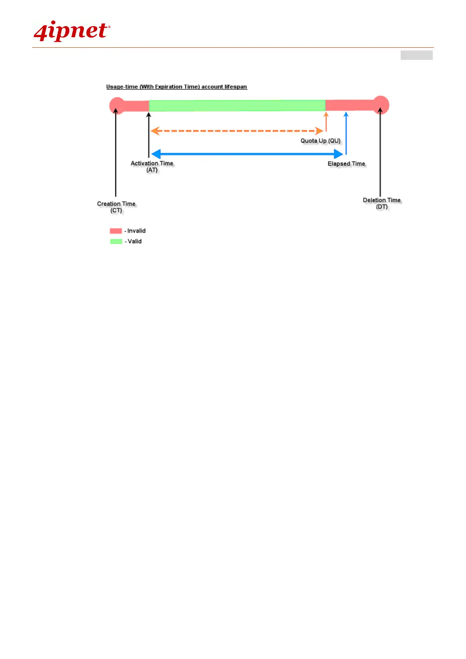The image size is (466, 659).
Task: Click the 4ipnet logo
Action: (72, 31)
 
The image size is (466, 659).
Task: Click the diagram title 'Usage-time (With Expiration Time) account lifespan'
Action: (176, 87)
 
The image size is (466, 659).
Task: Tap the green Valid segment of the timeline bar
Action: (237, 105)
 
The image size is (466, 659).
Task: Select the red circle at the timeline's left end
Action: (116, 105)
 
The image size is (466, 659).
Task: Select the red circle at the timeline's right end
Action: (381, 105)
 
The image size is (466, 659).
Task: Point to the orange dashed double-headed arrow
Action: (237, 131)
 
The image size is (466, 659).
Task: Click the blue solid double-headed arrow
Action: (246, 154)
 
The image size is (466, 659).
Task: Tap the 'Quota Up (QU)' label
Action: (320, 141)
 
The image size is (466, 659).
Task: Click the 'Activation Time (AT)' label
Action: (152, 167)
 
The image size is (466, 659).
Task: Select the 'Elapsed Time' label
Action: (346, 164)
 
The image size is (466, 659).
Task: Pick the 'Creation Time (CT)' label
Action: (116, 207)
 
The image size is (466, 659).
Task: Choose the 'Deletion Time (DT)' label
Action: (382, 203)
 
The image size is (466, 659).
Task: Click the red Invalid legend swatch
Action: (116, 231)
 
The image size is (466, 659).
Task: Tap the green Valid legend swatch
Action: (116, 241)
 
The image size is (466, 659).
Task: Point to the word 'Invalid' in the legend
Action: (136, 231)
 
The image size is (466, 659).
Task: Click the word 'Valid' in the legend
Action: (135, 241)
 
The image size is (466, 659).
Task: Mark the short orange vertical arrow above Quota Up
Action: (326, 121)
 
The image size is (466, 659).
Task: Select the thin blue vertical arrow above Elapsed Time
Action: (346, 133)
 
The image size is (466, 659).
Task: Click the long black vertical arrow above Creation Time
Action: (116, 153)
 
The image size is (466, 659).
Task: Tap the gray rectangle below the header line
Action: (416, 55)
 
